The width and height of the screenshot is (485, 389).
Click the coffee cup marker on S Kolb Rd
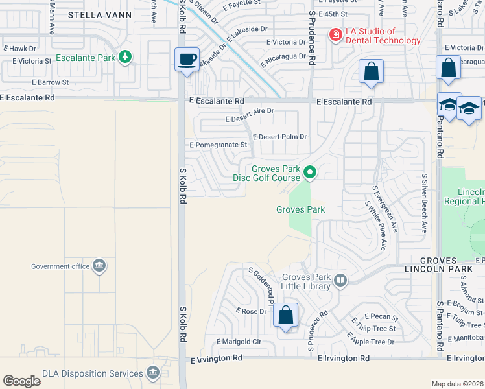(x=187, y=60)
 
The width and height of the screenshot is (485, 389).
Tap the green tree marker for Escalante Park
(x=125, y=57)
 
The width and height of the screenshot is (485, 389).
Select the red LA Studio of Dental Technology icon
(x=335, y=35)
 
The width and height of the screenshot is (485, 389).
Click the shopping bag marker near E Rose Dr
(x=285, y=316)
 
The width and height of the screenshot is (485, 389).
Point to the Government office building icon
(x=99, y=266)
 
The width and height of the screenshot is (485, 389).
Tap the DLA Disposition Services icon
(x=152, y=373)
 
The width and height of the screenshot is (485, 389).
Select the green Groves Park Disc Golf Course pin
(x=310, y=172)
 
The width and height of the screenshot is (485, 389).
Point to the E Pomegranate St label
(x=218, y=145)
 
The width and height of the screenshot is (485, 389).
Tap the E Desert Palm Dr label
(x=279, y=137)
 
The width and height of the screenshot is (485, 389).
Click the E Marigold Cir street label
(x=238, y=341)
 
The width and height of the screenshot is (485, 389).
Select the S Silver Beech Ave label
(x=425, y=203)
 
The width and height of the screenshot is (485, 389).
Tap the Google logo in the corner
(x=21, y=381)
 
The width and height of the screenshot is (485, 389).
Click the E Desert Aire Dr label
(x=250, y=119)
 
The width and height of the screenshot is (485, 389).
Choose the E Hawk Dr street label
(x=21, y=48)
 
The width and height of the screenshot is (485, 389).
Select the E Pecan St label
(x=381, y=316)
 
